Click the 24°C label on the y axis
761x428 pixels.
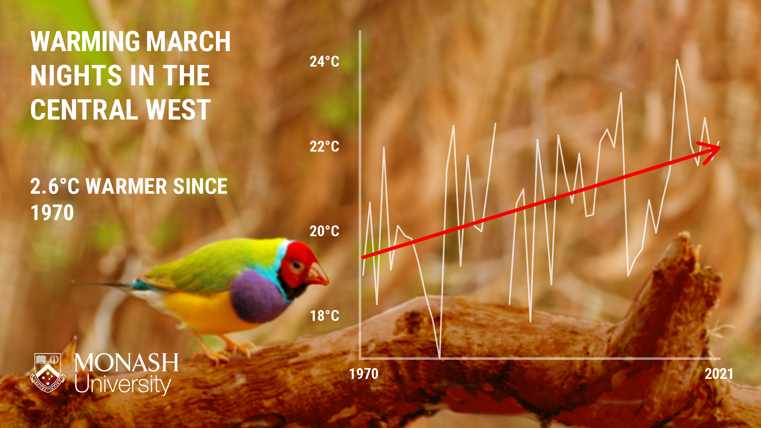coord(324,62)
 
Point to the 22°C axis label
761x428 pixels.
coord(324,146)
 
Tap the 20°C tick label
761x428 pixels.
coord(324,231)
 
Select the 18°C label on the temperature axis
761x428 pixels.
coord(324,316)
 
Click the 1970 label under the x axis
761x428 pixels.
coord(364,374)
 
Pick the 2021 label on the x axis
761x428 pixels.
coord(719,374)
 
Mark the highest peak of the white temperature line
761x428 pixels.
coord(677,60)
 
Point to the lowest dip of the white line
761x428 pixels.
coord(439,357)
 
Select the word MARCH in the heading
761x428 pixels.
coord(188,42)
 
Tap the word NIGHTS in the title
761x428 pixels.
coord(76,75)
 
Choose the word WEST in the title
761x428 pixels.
coord(178,110)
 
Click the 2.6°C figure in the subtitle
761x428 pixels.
coord(55,186)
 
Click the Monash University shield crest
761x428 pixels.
coord(48,373)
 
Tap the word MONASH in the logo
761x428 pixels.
coord(126,363)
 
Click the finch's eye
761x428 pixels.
coord(296,265)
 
